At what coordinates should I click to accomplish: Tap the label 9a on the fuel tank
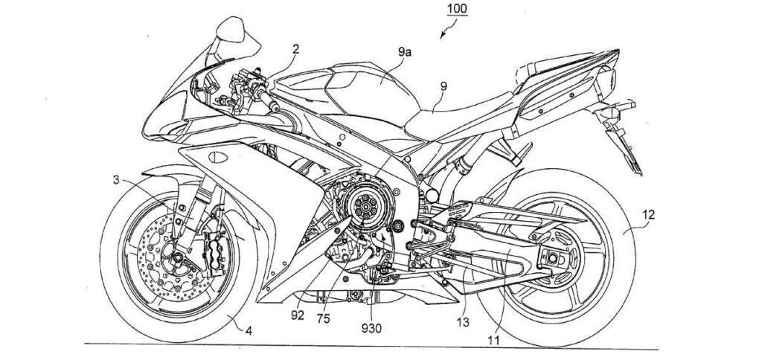pos(405,52)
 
